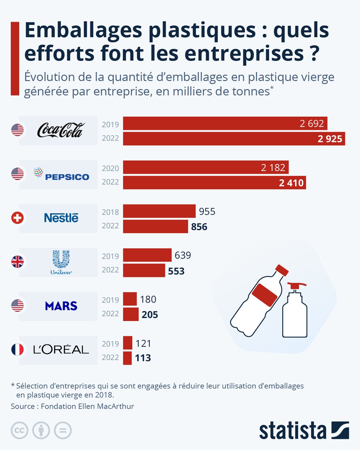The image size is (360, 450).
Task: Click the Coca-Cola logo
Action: click(61, 130)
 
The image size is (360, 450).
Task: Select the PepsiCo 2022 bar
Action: click(214, 183)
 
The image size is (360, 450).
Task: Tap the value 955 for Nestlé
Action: click(207, 212)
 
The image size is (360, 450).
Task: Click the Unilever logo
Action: click(61, 262)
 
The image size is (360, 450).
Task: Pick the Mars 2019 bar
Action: click(130, 299)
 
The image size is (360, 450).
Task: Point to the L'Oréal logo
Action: click(61, 350)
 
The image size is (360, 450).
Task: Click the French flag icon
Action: click(18, 350)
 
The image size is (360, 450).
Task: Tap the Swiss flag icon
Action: click(18, 218)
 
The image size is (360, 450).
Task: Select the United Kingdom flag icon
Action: click(18, 262)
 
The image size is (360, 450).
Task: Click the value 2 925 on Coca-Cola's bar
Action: click(330, 139)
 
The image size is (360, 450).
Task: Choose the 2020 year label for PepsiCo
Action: click(110, 168)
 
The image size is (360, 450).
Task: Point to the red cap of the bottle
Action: click(282, 270)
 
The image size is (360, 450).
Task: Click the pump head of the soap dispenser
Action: click(297, 286)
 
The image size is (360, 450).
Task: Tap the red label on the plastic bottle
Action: click(264, 295)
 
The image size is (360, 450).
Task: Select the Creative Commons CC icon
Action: click(20, 430)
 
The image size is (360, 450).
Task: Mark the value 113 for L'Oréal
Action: click(143, 358)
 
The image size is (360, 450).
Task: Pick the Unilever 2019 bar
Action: click(147, 255)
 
